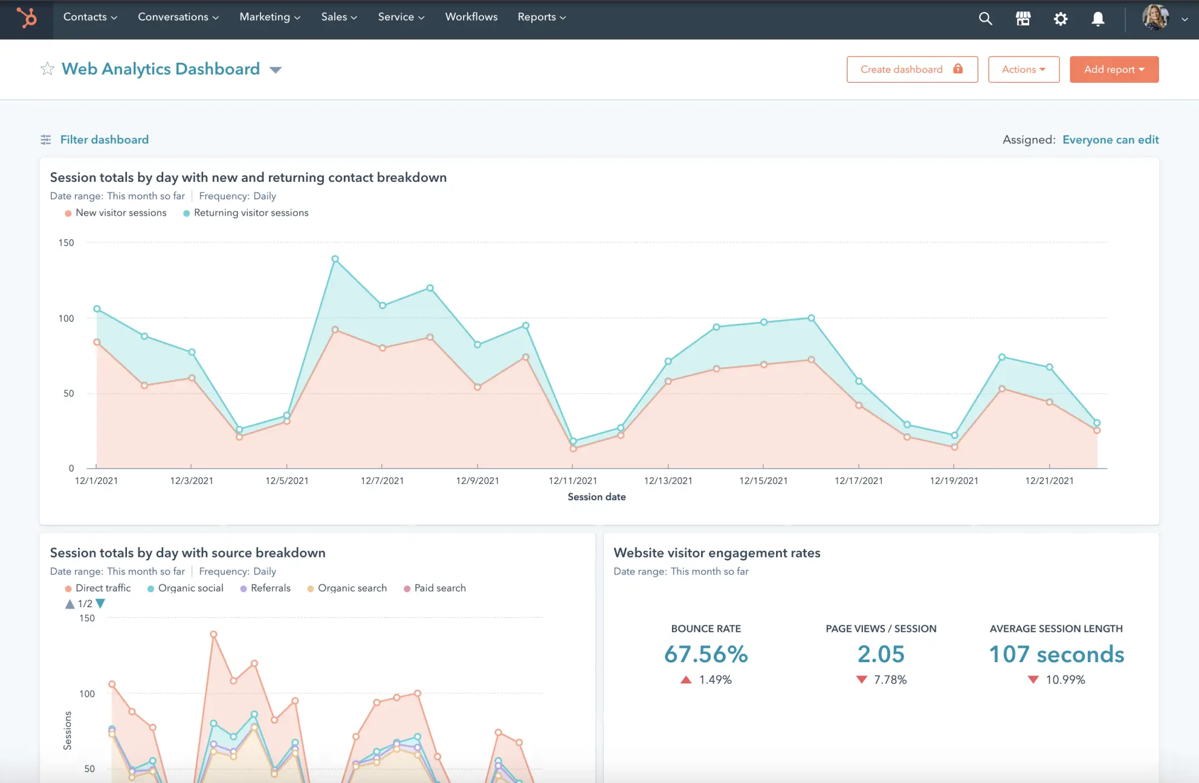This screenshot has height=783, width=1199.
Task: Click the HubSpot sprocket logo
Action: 27,18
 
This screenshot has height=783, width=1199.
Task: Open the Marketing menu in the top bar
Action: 270,17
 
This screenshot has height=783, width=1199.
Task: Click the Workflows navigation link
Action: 471,17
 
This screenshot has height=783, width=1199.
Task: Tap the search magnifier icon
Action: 985,19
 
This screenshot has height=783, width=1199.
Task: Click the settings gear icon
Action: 1060,19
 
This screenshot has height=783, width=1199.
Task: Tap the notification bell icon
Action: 1097,19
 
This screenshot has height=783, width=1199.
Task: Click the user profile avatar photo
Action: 1155,17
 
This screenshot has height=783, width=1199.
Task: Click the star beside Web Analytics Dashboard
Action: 47,69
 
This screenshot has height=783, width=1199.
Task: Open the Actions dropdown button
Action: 1023,69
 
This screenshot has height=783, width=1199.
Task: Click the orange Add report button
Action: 1113,69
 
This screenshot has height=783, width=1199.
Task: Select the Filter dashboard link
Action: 104,140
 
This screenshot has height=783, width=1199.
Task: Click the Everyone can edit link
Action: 1110,140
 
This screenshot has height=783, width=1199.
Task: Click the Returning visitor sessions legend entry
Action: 250,213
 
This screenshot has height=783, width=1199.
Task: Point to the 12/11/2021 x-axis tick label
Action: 572,481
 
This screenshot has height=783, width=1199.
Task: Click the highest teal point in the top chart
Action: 335,259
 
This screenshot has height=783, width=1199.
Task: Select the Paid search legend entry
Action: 439,588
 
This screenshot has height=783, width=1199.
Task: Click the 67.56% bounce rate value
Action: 706,654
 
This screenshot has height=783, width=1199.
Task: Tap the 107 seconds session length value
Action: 1056,654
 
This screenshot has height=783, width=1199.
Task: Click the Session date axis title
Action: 596,497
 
